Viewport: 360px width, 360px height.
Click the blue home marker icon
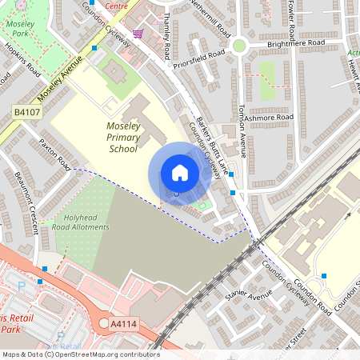click(180, 173)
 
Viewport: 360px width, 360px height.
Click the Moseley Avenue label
click(60, 78)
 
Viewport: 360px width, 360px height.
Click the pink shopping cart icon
click(138, 34)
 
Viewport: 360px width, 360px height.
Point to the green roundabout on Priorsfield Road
click(238, 46)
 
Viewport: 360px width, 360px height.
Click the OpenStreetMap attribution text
click(80, 354)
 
